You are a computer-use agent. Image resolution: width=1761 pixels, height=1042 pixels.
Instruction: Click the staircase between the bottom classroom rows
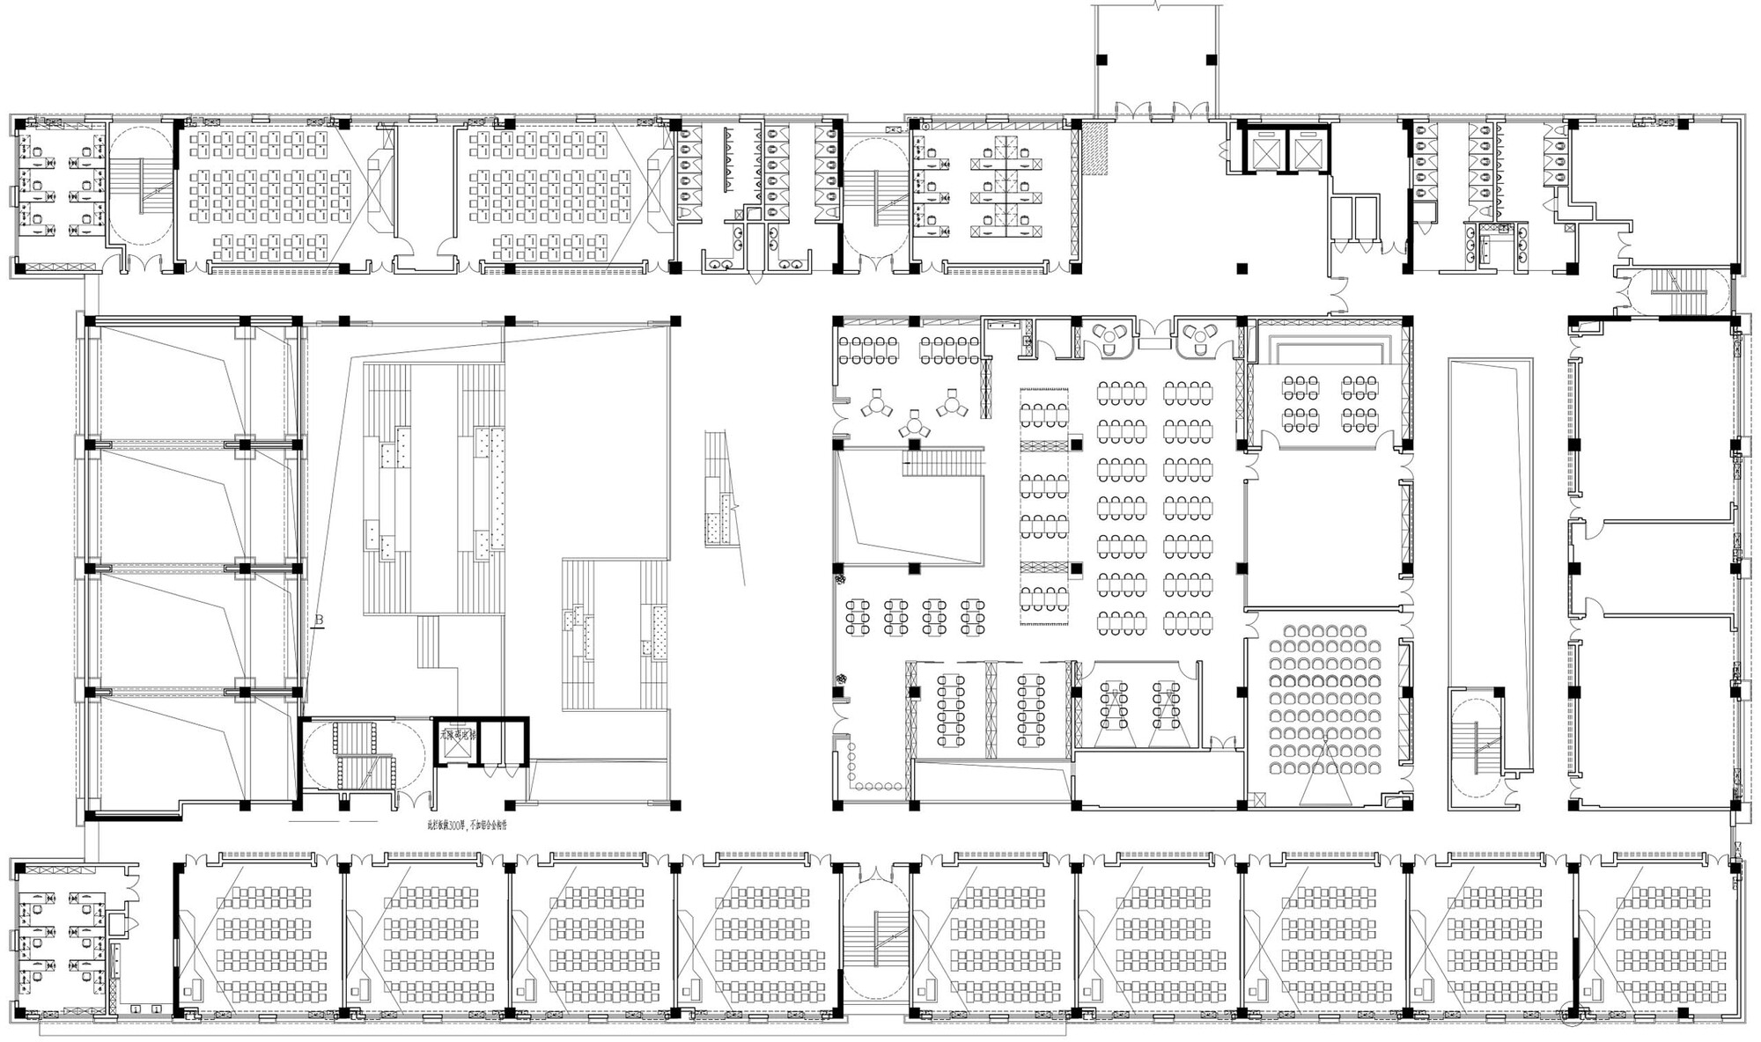[873, 937]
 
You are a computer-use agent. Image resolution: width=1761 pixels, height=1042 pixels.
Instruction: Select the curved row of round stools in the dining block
[872, 774]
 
